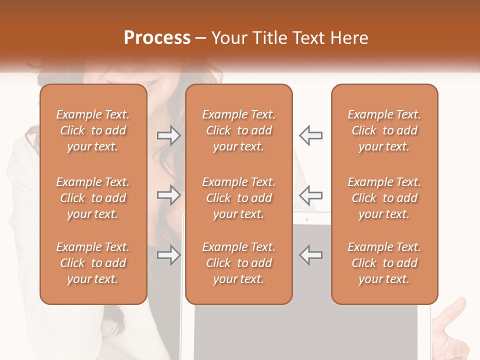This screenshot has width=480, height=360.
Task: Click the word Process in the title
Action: coord(157,37)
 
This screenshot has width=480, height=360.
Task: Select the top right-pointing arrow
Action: coord(168,135)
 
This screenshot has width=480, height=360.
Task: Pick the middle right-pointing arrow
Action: coord(168,195)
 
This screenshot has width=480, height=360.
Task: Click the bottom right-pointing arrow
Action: coord(168,255)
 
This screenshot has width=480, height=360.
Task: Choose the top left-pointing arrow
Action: coord(310,135)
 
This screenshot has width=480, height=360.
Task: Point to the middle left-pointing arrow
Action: coord(310,193)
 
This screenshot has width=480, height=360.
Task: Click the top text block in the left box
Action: coord(93,130)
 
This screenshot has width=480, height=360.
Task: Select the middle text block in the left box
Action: coord(93,198)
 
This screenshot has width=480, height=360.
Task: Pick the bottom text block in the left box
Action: coord(93,263)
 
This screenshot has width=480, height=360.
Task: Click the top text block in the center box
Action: coord(238,130)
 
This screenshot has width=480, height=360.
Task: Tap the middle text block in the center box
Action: coord(238,198)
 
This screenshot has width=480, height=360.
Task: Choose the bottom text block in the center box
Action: coord(238,263)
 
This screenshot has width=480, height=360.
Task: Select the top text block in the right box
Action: coord(384,130)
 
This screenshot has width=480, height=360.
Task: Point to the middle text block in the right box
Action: coord(384,198)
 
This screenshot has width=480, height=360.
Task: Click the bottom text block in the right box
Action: coord(384,263)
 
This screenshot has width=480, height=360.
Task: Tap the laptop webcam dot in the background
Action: coord(306,219)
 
